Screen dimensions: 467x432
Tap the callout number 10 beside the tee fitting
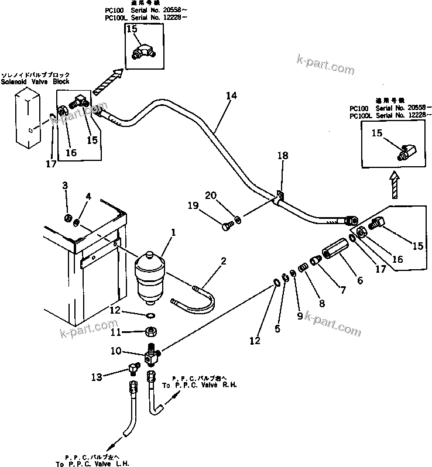click(x=116, y=351)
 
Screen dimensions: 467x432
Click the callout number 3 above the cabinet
click(x=66, y=186)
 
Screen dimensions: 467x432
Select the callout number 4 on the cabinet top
click(x=88, y=196)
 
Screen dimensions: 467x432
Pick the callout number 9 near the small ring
click(x=299, y=316)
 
